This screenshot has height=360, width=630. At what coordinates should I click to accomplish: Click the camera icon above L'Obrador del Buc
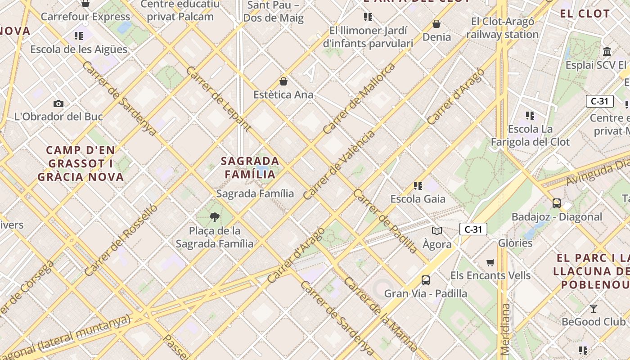point(58,104)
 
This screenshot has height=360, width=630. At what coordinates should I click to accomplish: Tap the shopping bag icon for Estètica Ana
point(283,81)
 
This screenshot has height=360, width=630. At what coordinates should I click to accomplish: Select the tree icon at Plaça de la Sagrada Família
point(215,218)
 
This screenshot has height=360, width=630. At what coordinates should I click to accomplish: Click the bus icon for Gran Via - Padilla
point(425,280)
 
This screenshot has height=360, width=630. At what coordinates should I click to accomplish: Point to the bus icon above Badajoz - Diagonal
point(557,203)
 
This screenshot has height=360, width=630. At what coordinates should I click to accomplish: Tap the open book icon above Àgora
point(436,231)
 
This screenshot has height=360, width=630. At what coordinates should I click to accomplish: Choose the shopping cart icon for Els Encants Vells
point(490,262)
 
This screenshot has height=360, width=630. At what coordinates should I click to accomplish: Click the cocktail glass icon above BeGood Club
point(594,309)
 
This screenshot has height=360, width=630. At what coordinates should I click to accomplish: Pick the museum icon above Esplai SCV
point(607,51)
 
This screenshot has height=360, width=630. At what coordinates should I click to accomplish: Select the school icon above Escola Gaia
point(418,185)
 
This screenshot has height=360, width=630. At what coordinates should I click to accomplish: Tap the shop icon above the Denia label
point(436,24)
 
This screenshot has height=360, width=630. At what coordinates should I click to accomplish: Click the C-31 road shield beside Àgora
point(473,229)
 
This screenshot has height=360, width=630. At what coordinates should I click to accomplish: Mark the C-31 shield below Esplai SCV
point(599,101)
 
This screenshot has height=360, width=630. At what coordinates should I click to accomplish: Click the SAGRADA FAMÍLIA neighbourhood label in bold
point(250,167)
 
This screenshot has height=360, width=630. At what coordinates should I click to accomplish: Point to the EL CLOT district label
point(585,13)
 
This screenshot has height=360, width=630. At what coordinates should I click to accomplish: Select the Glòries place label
point(515,243)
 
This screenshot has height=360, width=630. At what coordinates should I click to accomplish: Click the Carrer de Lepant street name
point(218,99)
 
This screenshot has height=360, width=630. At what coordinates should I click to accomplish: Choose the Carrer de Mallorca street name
point(359,98)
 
